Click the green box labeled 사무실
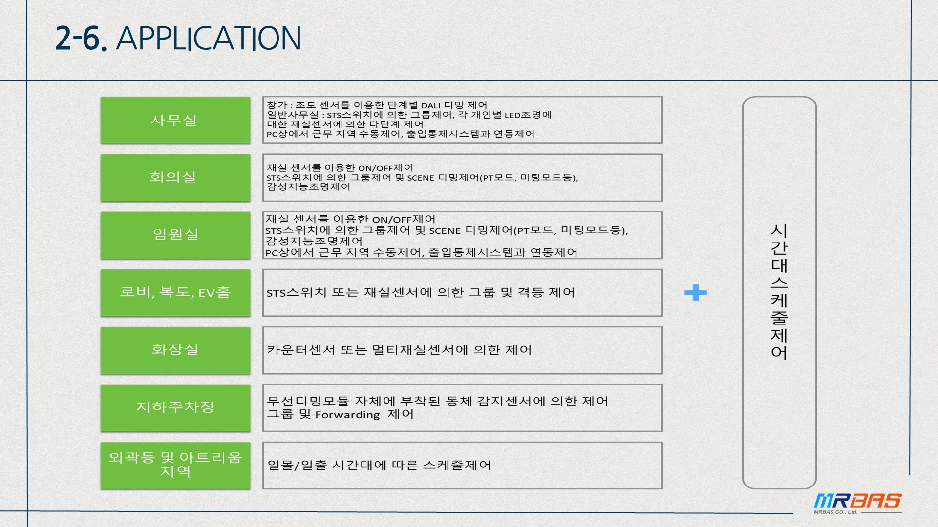[175, 120]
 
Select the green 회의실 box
[175, 177]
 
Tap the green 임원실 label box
[175, 235]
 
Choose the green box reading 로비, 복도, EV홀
[175, 292]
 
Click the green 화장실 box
[175, 350]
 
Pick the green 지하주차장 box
[175, 407]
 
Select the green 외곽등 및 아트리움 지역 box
[175, 465]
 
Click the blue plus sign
[695, 293]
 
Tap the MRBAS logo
[857, 503]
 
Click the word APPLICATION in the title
[209, 39]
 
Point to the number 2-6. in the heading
[81, 39]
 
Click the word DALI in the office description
[430, 106]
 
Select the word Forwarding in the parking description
[347, 415]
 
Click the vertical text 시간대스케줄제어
[779, 292]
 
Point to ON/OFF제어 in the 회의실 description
[385, 168]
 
